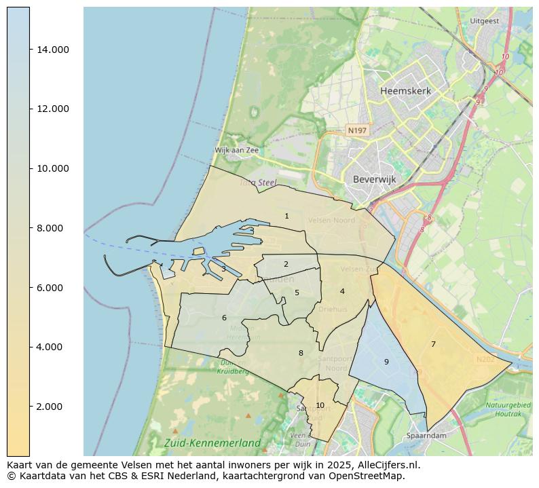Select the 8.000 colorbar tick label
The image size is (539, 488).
point(52,228)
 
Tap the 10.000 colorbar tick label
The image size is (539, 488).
point(52,168)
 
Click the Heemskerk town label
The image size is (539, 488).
point(405,91)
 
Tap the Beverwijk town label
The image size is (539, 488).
point(374,180)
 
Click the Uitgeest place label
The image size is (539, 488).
point(484,21)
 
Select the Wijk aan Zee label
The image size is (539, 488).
point(236,151)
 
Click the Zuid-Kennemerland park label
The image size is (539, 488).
point(212,443)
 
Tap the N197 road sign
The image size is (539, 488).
point(356,130)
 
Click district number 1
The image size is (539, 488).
point(286,217)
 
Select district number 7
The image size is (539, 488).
point(433,345)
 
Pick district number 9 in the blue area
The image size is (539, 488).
point(386,362)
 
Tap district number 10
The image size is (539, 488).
point(320,406)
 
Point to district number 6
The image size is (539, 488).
point(224,318)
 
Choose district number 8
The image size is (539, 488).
point(301,353)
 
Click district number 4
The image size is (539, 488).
point(342,292)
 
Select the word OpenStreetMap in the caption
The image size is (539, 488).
point(371,476)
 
